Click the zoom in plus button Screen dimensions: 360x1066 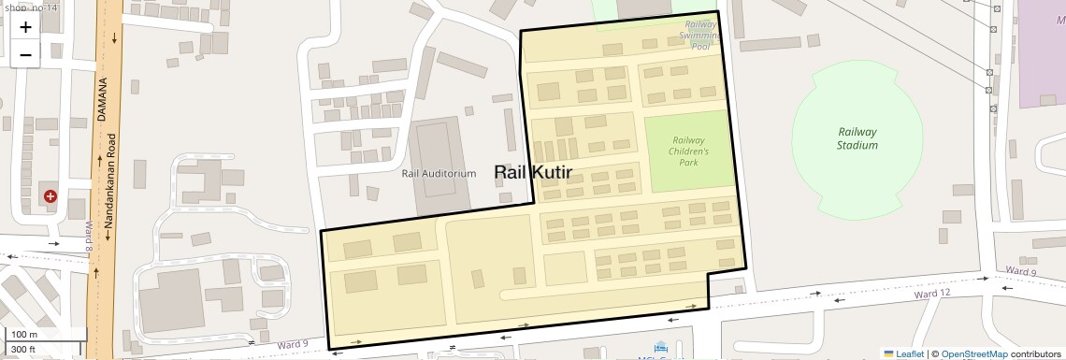(25, 26)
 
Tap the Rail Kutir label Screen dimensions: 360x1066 (532, 172)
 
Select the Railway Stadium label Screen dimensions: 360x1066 (857, 138)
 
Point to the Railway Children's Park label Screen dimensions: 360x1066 (690, 151)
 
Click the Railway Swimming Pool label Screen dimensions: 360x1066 (700, 35)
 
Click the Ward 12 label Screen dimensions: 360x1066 (931, 294)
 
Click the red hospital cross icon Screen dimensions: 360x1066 (50, 196)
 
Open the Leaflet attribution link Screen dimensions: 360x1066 (903, 353)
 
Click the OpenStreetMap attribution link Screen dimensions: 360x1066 (974, 353)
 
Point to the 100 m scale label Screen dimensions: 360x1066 (24, 334)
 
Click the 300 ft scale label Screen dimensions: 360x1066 (23, 350)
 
